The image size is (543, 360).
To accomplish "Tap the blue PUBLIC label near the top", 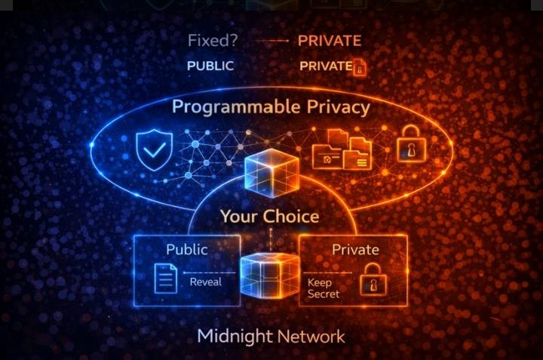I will pos(210,66).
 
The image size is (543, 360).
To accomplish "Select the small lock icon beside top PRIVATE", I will pos(360,68).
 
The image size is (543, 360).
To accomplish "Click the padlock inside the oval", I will pos(410,143).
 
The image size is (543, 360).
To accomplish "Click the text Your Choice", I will pos(269,217).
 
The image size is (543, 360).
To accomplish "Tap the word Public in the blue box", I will pos(187,250).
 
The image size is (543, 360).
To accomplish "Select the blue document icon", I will pos(165,278).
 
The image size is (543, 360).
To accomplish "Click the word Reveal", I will pos(206,282).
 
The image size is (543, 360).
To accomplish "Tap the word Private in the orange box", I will pos(355,250).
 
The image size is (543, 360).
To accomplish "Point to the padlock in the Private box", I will pos(371,283).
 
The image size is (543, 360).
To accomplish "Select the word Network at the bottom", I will pos(311,337).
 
